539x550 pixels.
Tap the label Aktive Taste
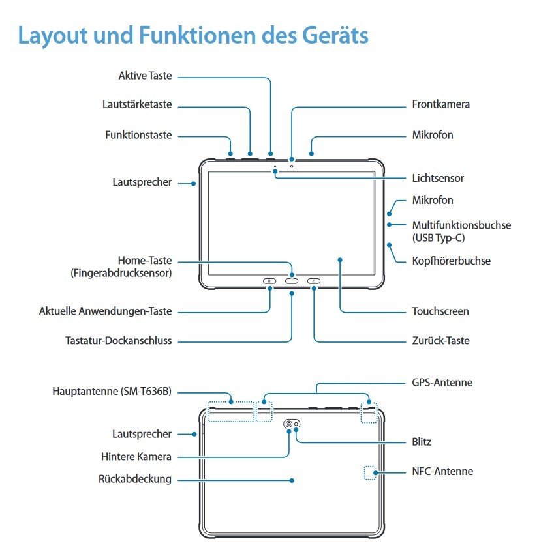[x=145, y=76]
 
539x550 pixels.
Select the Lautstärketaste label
[x=137, y=104]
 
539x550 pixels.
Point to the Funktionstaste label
[x=138, y=135]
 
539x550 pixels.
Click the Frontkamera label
[x=440, y=104]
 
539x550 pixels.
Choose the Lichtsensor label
[x=438, y=178]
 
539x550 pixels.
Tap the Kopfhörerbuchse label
[x=451, y=261]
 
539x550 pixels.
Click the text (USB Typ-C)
[x=439, y=238]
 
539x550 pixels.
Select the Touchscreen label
[x=440, y=311]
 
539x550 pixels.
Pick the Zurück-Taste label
[x=440, y=340]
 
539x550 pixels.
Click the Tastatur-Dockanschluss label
[x=119, y=340]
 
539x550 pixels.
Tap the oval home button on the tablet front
[x=292, y=282]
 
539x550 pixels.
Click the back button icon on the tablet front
[x=314, y=282]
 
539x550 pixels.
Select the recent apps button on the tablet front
[x=269, y=282]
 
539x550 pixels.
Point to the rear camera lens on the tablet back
[x=288, y=424]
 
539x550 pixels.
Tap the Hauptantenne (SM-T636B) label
[x=112, y=392]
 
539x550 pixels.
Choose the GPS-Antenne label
[x=442, y=383]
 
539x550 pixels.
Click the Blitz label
[x=422, y=442]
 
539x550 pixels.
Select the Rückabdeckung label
[x=135, y=479]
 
